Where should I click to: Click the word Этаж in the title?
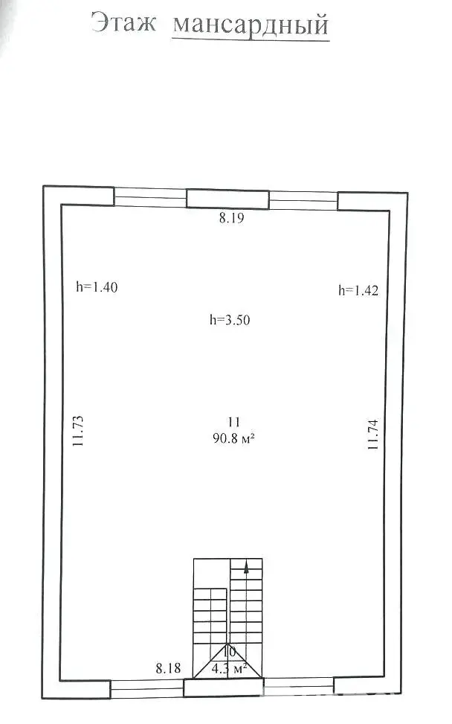tap(123, 22)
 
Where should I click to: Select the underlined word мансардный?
tap(251, 25)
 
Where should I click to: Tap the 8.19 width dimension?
tap(231, 218)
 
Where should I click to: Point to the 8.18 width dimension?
tap(168, 667)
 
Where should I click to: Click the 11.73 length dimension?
tap(78, 431)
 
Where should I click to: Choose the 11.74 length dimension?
tap(372, 435)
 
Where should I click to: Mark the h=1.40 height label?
tap(97, 286)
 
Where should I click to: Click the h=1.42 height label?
tap(358, 290)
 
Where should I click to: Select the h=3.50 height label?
tap(230, 319)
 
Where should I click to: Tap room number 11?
tap(234, 422)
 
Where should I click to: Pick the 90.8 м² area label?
tap(234, 438)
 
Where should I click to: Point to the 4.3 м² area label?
tap(229, 668)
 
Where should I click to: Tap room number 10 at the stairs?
tap(229, 652)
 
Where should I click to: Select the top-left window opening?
tap(150, 197)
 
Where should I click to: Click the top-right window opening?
tap(303, 201)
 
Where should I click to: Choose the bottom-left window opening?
tap(147, 688)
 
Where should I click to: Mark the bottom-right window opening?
tap(298, 686)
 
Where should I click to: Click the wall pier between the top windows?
tap(227, 199)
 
